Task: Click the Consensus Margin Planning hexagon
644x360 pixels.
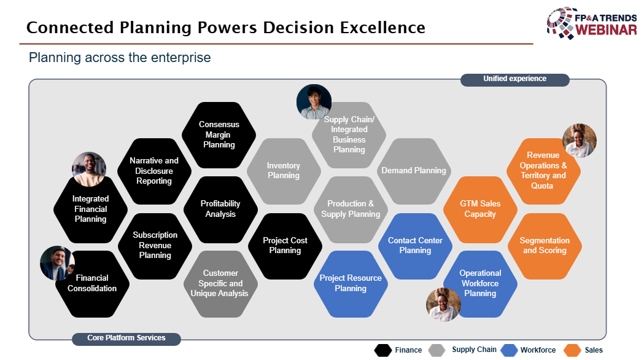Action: [x=219, y=135]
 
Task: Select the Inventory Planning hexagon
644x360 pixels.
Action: [x=284, y=171]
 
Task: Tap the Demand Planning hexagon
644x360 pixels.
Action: [x=414, y=171]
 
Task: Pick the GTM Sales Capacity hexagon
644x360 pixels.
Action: [x=480, y=209]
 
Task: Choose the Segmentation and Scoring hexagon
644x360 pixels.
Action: [x=545, y=246]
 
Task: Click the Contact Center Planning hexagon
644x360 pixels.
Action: [x=415, y=246]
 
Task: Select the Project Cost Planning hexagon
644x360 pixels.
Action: [x=285, y=246]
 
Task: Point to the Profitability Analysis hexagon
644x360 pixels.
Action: [x=220, y=209]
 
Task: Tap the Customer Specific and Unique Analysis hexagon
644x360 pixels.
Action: [x=220, y=284]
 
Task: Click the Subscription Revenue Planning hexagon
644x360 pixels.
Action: [x=155, y=246]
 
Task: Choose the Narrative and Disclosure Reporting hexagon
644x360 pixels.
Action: [x=154, y=171]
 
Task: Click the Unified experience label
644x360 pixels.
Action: [x=514, y=79]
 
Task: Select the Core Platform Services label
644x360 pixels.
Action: [x=126, y=338]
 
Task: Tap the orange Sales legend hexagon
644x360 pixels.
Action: [x=572, y=350]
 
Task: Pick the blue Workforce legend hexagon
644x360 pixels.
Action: [x=508, y=350]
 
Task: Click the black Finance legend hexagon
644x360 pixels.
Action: [x=383, y=350]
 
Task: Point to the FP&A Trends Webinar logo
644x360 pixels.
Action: [x=591, y=23]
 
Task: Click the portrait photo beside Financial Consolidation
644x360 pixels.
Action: [x=57, y=263]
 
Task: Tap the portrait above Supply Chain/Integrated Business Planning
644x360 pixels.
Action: [x=314, y=101]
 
